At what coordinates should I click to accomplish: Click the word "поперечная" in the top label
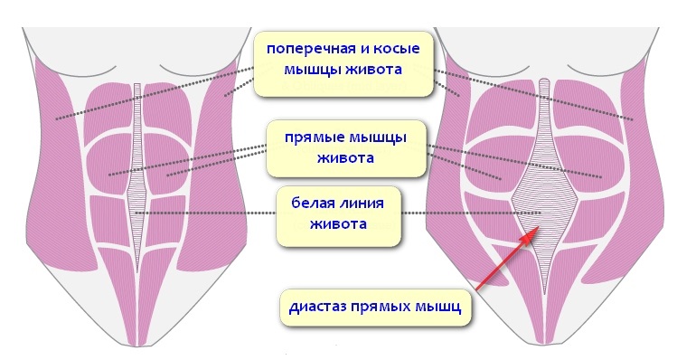pyautogui.click(x=308, y=49)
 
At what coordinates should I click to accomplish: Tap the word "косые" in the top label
pyautogui.click(x=397, y=49)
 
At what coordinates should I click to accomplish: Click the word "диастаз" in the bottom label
pyautogui.click(x=317, y=307)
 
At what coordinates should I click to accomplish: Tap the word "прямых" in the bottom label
pyautogui.click(x=381, y=308)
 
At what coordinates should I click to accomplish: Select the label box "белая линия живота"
pyautogui.click(x=338, y=216)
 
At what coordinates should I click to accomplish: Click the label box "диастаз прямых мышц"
pyautogui.click(x=375, y=308)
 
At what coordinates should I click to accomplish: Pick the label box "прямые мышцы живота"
pyautogui.click(x=346, y=148)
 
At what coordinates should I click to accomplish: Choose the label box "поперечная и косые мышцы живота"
pyautogui.click(x=343, y=63)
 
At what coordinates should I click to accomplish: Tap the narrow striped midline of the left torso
pyautogui.click(x=137, y=173)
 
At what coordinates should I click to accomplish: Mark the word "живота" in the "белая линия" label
pyautogui.click(x=338, y=223)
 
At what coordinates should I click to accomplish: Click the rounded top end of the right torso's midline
pyautogui.click(x=544, y=81)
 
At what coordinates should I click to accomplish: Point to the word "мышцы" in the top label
pyautogui.click(x=309, y=69)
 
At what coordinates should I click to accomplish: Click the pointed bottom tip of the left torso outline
pyautogui.click(x=137, y=346)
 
